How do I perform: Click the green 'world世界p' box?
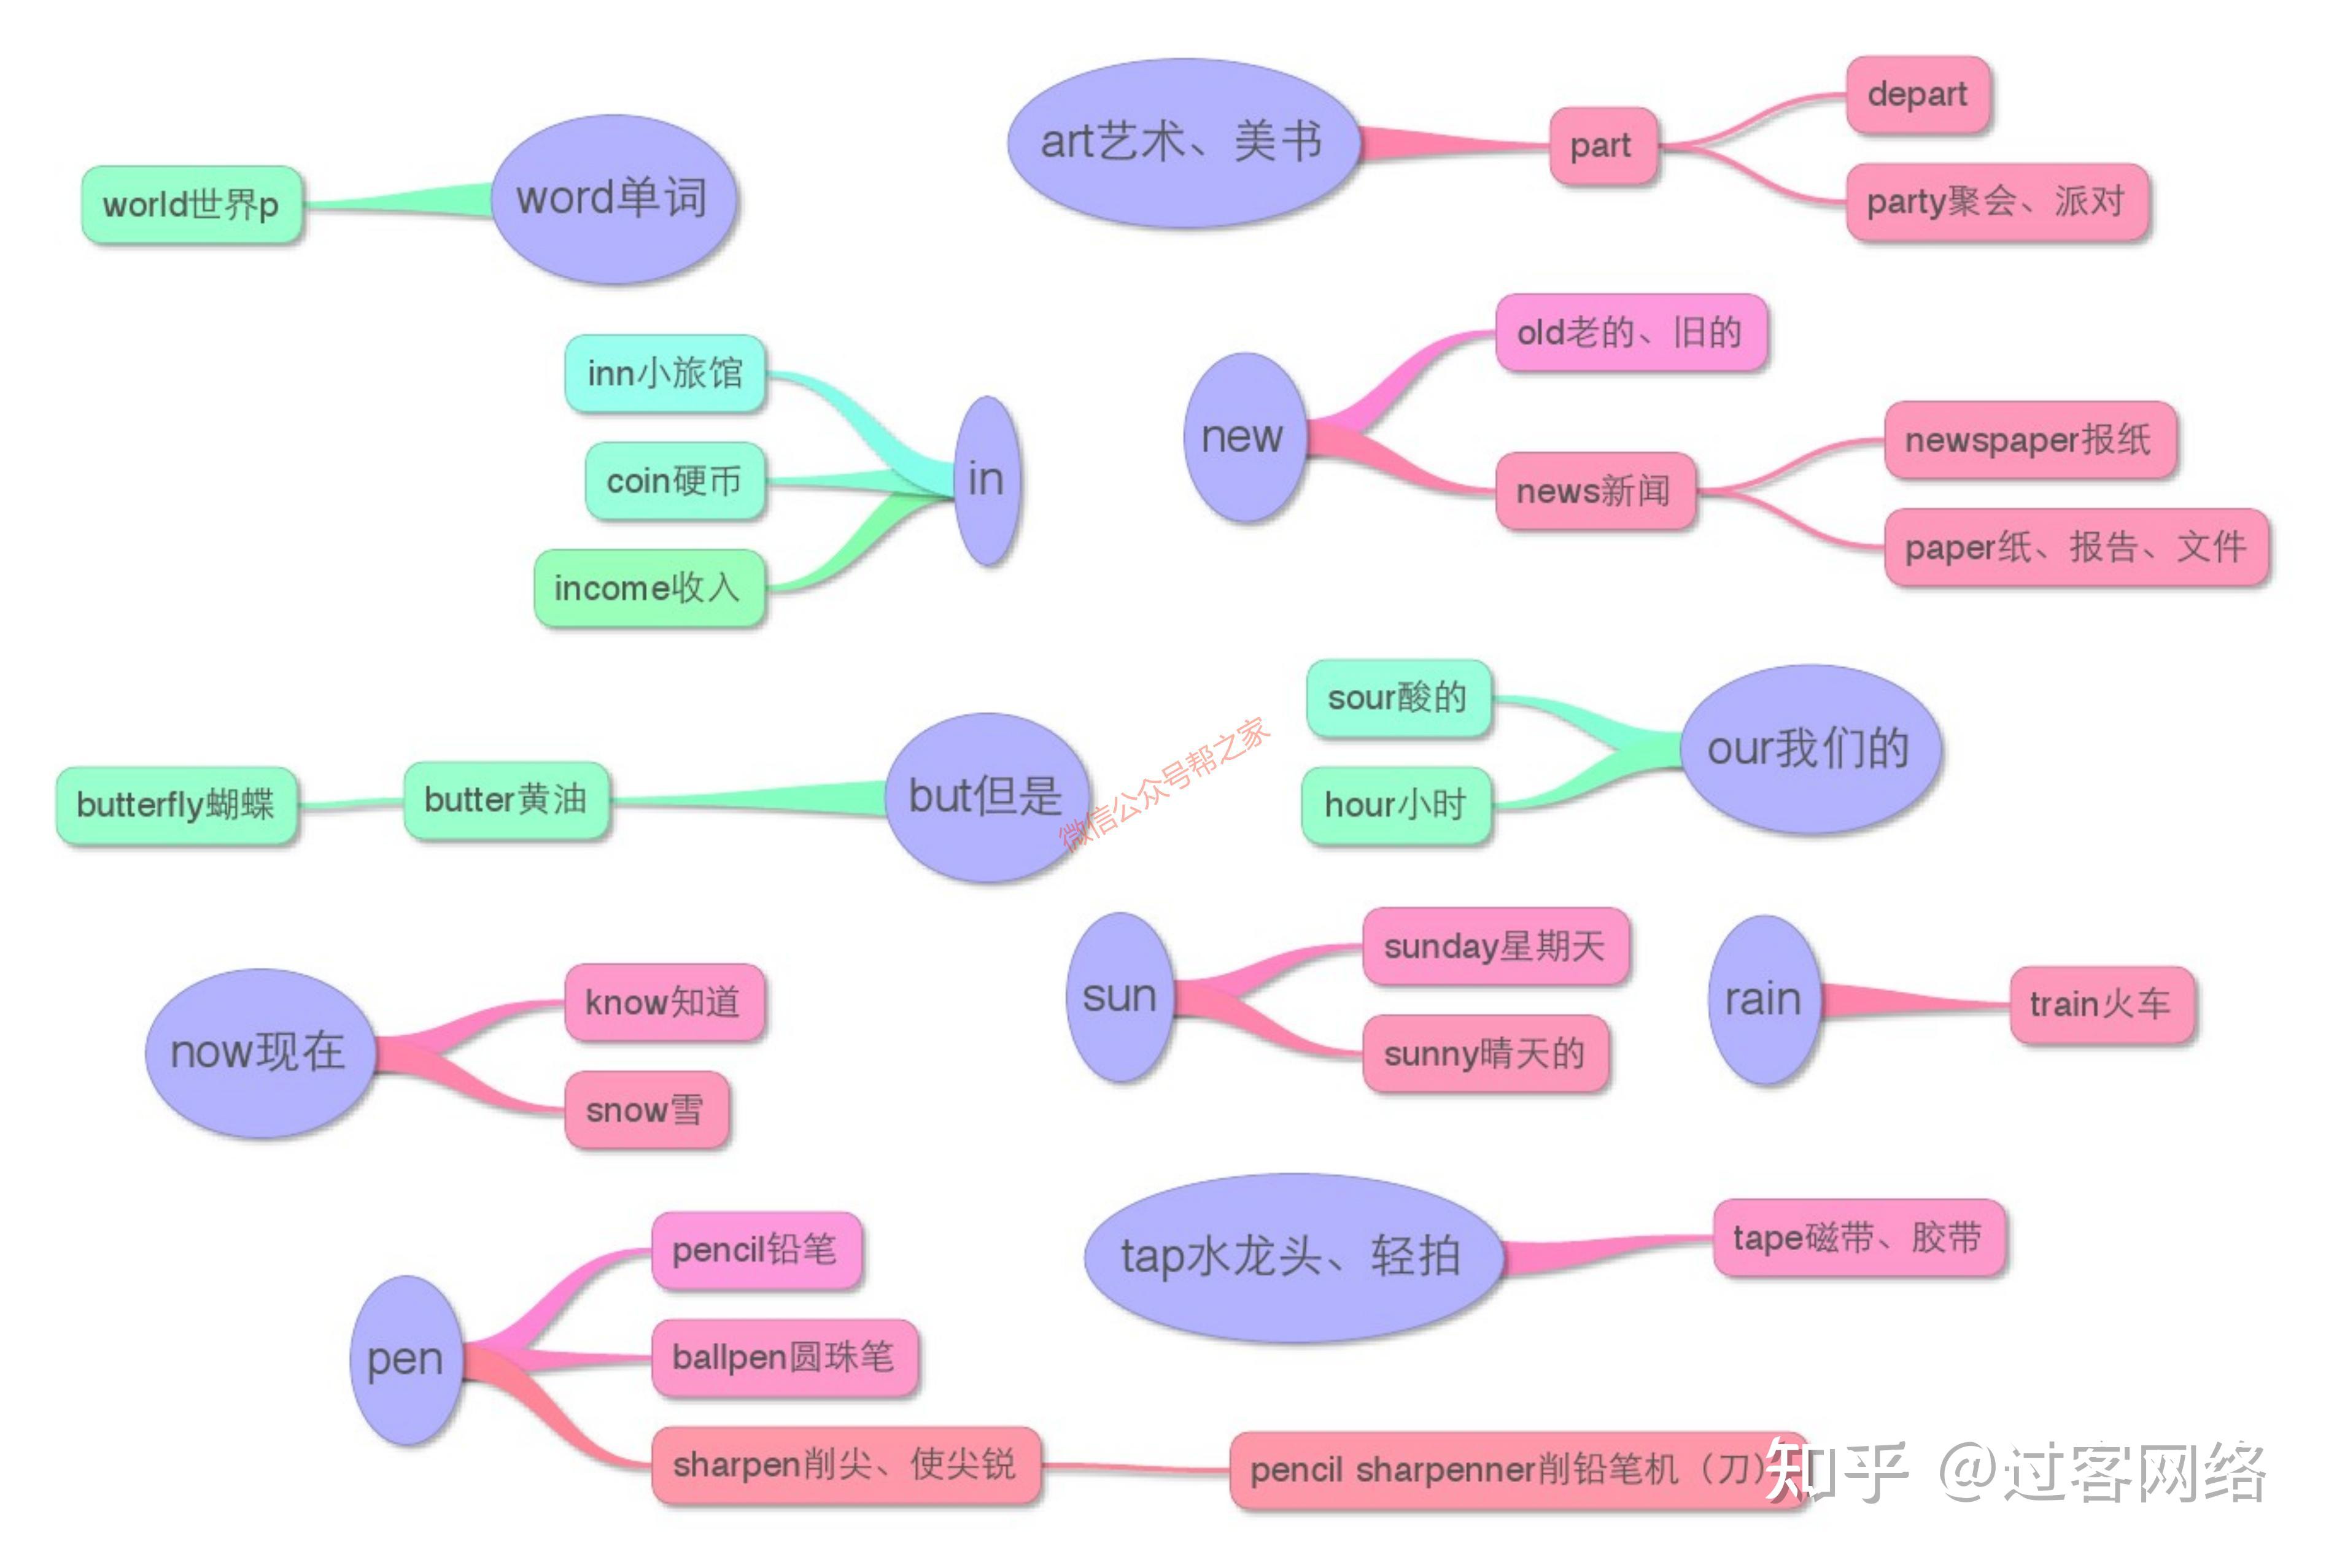192,204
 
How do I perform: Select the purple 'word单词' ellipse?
613,199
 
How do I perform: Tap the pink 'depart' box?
1917,95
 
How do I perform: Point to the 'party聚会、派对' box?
1996,203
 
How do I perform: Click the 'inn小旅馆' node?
665,373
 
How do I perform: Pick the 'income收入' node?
649,588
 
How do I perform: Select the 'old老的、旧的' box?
1630,333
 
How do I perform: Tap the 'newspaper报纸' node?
2028,440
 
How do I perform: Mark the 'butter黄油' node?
506,800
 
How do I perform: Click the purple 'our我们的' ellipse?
1809,749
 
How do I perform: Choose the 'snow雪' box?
646,1110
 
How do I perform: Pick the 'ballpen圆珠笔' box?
784,1358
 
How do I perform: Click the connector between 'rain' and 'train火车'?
1917,1002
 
